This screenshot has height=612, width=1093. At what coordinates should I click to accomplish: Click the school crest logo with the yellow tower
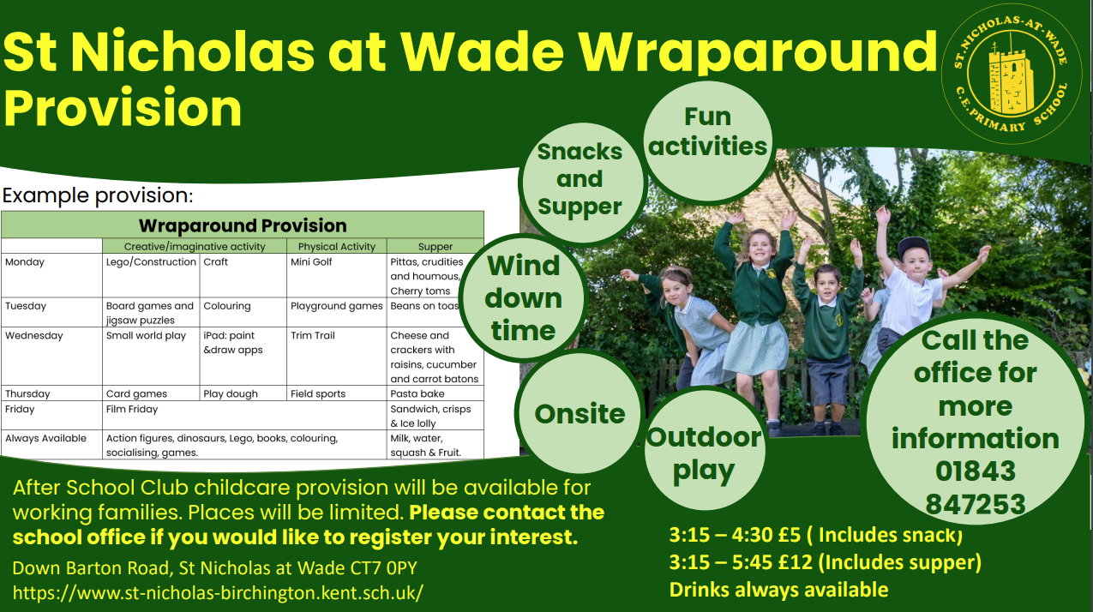coord(1011,75)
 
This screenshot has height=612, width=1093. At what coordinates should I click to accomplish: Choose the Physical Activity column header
coord(337,247)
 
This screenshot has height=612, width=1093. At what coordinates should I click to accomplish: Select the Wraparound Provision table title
coord(243,225)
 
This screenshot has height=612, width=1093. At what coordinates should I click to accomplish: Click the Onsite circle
coord(580,413)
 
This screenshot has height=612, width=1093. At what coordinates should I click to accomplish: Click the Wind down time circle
coord(523,297)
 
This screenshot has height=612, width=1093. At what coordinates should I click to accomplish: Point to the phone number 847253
coord(975,504)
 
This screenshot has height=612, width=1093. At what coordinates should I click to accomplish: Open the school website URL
coord(218,592)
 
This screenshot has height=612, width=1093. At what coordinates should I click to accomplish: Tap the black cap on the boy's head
coord(914,247)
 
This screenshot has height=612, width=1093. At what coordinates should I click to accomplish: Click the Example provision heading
coord(98,195)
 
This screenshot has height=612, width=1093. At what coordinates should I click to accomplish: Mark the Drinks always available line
coord(778,590)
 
